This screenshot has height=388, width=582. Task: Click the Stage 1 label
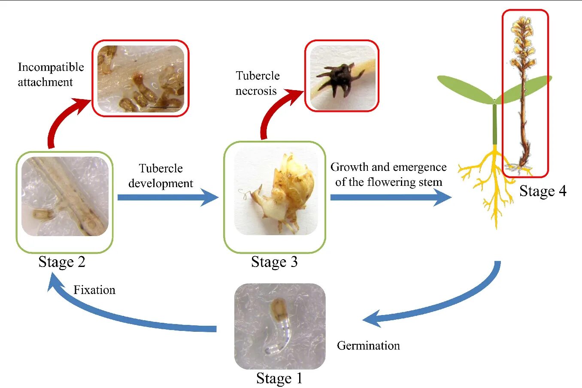279,378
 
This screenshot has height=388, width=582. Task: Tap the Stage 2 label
62,261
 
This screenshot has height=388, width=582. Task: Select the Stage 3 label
274,261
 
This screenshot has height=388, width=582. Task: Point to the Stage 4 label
543,191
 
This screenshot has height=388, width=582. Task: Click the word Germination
368,346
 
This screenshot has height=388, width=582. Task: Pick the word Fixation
94,290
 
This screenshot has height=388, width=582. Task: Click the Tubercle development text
161,176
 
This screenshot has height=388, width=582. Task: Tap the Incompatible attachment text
51,74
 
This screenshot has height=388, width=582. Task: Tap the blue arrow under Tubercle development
167,197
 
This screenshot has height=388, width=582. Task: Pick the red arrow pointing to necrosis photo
275,112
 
